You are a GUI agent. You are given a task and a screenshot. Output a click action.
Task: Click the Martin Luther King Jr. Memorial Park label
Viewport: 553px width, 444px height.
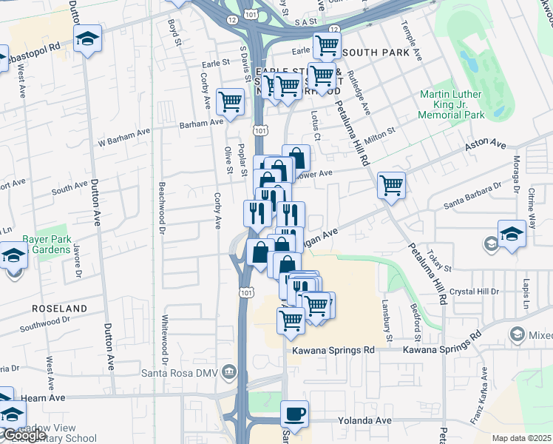tap(451, 104)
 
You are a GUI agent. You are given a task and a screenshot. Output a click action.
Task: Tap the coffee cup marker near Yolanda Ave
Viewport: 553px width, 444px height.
tap(295, 414)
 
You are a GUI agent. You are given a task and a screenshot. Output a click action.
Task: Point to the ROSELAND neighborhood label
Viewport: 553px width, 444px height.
tap(58, 308)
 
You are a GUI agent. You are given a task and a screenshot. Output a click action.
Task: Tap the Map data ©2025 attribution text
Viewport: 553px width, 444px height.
tap(521, 438)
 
